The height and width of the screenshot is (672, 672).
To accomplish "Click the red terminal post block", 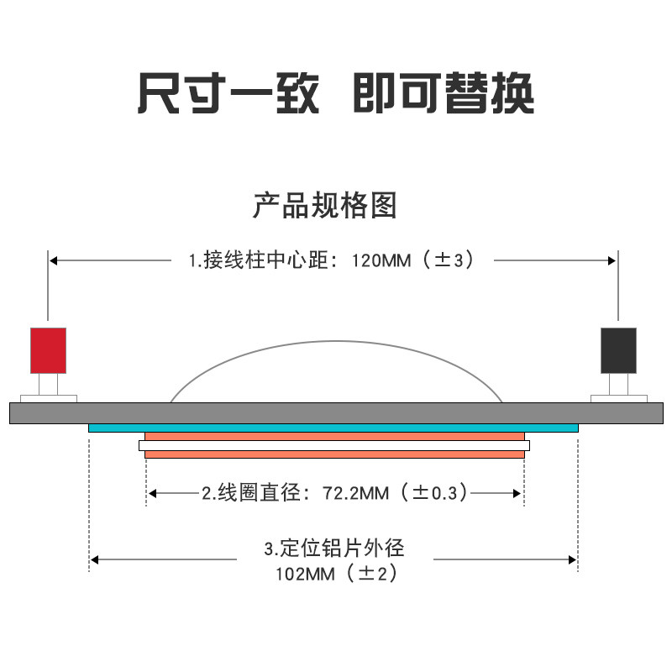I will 48,349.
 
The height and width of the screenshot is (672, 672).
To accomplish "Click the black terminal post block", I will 618,349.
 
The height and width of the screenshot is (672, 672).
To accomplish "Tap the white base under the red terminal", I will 49,398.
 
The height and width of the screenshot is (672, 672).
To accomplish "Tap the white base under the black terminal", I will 619,398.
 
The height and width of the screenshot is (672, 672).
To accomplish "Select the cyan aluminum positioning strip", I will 333,428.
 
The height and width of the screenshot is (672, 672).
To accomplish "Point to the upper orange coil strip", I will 334,437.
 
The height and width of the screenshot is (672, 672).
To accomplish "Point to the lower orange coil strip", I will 334,454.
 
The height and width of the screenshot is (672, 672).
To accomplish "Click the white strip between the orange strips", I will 334,445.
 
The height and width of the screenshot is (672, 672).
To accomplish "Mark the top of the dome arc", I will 336,341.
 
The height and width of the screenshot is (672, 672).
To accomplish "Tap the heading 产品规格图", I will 324,205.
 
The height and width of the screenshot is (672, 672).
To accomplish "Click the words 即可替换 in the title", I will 443,92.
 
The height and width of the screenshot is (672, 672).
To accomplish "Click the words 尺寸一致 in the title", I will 228,92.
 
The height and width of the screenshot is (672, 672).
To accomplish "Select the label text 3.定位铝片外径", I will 334,549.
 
